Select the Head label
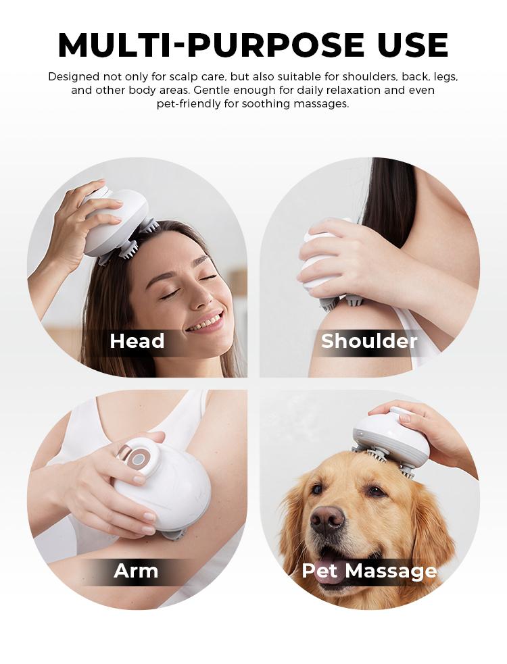137,341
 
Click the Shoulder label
369,341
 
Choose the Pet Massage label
369,571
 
